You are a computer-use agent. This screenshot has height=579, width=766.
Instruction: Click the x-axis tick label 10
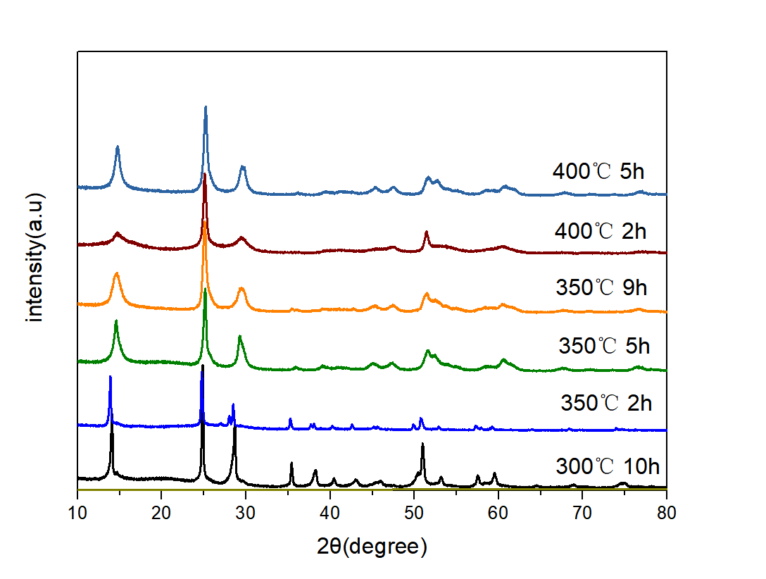[77, 512]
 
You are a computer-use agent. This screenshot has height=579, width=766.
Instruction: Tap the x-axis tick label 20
[161, 512]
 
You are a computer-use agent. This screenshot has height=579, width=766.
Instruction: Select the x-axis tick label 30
[246, 512]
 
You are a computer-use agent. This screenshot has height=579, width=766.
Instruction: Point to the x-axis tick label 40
[329, 512]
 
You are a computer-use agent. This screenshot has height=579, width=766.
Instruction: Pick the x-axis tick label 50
[414, 512]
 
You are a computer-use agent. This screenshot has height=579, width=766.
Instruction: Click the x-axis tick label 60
[498, 512]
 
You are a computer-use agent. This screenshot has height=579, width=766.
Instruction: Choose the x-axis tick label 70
[582, 512]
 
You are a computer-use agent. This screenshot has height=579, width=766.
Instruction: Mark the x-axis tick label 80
[666, 512]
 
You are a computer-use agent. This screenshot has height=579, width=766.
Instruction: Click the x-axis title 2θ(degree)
[372, 545]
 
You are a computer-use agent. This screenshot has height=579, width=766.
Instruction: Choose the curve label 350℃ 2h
[606, 404]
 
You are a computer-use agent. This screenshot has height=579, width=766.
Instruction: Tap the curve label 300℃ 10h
[608, 466]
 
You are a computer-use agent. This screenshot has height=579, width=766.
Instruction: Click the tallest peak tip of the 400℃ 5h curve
[206, 107]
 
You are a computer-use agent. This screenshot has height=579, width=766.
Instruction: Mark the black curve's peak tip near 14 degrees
[111, 435]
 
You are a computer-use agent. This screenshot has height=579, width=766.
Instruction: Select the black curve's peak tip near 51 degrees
[422, 444]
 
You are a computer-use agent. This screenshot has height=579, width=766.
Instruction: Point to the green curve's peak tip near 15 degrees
[116, 321]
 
